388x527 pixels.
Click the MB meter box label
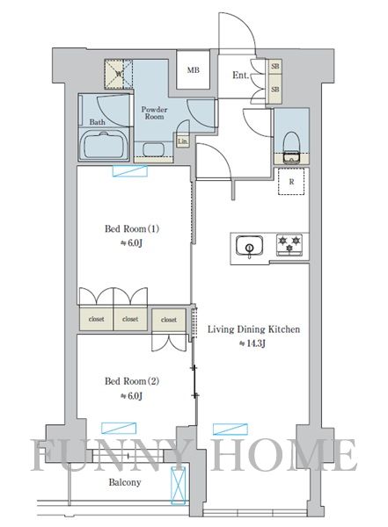click(194, 70)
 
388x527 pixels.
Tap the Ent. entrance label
click(240, 75)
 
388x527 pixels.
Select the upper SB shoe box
click(275, 66)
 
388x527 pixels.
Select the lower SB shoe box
click(275, 89)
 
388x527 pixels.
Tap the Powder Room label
click(154, 113)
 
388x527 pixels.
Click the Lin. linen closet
click(183, 141)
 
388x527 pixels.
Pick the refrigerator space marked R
click(291, 182)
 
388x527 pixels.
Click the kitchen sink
click(250, 246)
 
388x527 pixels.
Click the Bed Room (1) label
click(132, 229)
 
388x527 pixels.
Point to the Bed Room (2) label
click(132, 381)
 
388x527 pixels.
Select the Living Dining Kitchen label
click(253, 329)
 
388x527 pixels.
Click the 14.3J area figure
click(253, 343)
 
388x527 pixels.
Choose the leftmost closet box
click(96, 319)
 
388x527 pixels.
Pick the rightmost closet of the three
click(169, 320)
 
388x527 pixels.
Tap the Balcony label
click(125, 482)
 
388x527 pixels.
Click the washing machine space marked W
click(119, 74)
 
